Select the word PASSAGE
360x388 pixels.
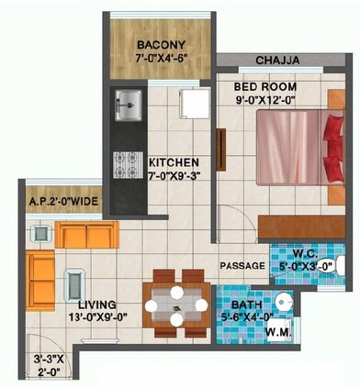(x=242, y=266)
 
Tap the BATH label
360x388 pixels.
(x=247, y=305)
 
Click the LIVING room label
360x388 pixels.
(x=96, y=305)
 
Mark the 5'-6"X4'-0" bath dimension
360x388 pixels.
(x=247, y=318)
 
